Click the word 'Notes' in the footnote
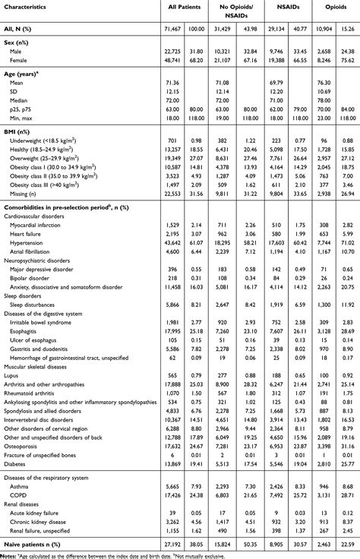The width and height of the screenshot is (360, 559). coord(10,554)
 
